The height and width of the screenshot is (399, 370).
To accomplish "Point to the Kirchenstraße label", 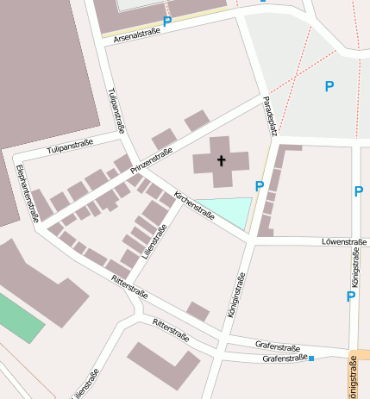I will tap(194, 206).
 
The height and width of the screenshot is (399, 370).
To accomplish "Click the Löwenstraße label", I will tap(342, 242).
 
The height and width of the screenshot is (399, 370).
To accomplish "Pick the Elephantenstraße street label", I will tap(28, 192).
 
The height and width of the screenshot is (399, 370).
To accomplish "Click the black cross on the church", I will tap(221, 160).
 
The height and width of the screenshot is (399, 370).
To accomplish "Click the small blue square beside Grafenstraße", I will tap(311, 358).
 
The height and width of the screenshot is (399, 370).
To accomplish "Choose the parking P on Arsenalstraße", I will tap(166, 22).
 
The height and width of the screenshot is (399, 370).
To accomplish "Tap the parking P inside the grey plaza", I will tap(329, 86).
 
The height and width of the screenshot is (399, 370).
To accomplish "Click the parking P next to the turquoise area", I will tap(260, 186).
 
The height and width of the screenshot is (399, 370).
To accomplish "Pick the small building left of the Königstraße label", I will tap(198, 311).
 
